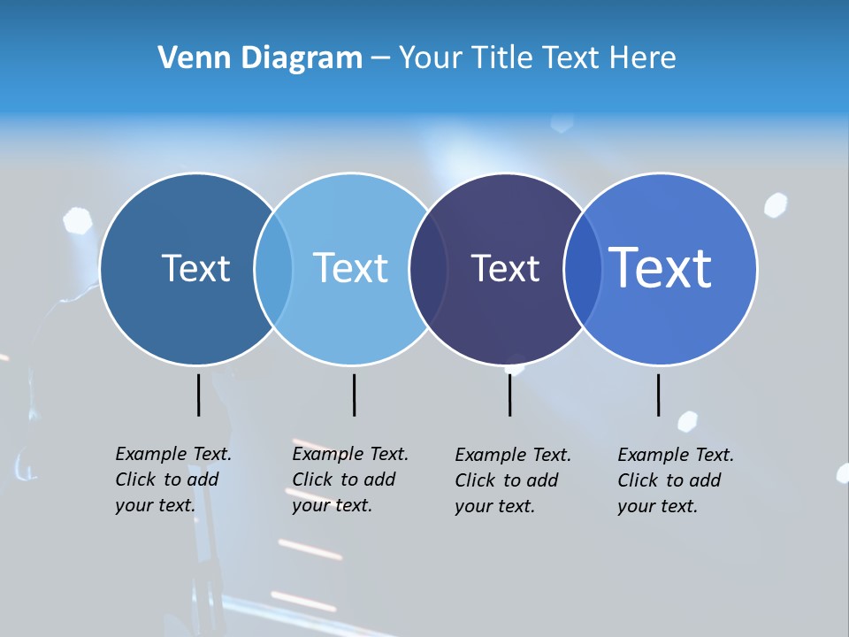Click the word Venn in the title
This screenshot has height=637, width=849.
(188, 58)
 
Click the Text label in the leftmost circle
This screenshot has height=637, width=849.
(195, 268)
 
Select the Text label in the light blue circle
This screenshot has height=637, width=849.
(350, 268)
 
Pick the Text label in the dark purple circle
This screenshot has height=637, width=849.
(505, 269)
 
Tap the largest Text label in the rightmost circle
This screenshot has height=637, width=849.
(661, 267)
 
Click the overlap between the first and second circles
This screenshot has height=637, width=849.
(273, 269)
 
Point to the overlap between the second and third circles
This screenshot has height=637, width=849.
(428, 269)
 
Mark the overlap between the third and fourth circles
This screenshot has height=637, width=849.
(583, 269)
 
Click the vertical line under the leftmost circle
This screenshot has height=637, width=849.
(198, 395)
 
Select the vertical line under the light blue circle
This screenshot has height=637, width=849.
(354, 395)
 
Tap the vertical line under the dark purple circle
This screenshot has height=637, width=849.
(509, 395)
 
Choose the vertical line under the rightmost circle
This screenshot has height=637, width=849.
(658, 395)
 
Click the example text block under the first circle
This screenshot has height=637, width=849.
(172, 480)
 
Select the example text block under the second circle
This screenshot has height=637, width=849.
(349, 480)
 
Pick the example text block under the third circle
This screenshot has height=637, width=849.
(512, 480)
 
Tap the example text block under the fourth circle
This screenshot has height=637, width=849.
(675, 480)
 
